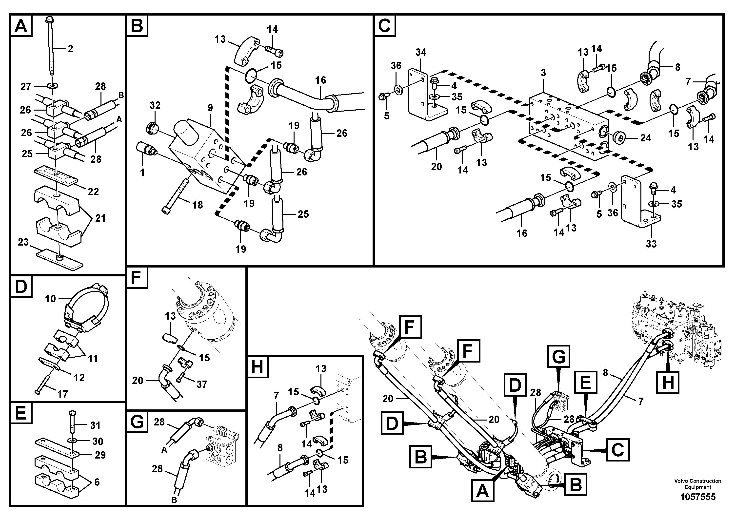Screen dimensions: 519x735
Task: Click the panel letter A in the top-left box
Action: [x=21, y=26]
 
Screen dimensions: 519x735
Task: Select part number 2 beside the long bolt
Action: [x=70, y=49]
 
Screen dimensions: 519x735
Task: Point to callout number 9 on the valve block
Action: [x=210, y=108]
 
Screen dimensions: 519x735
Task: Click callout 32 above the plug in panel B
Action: [x=155, y=105]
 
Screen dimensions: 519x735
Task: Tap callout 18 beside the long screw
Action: [x=198, y=205]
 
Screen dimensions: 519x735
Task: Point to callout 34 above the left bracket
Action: [x=421, y=52]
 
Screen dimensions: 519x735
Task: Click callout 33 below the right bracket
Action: [x=651, y=244]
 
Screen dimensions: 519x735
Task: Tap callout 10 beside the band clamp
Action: [x=50, y=299]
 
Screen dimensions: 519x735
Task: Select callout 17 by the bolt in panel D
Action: [x=62, y=394]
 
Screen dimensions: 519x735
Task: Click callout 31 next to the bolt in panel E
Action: [x=95, y=425]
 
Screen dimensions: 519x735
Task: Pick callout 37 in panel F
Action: [x=202, y=384]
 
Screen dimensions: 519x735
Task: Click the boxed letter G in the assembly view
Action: [x=559, y=356]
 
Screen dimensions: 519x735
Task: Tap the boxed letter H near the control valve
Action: [x=668, y=382]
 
